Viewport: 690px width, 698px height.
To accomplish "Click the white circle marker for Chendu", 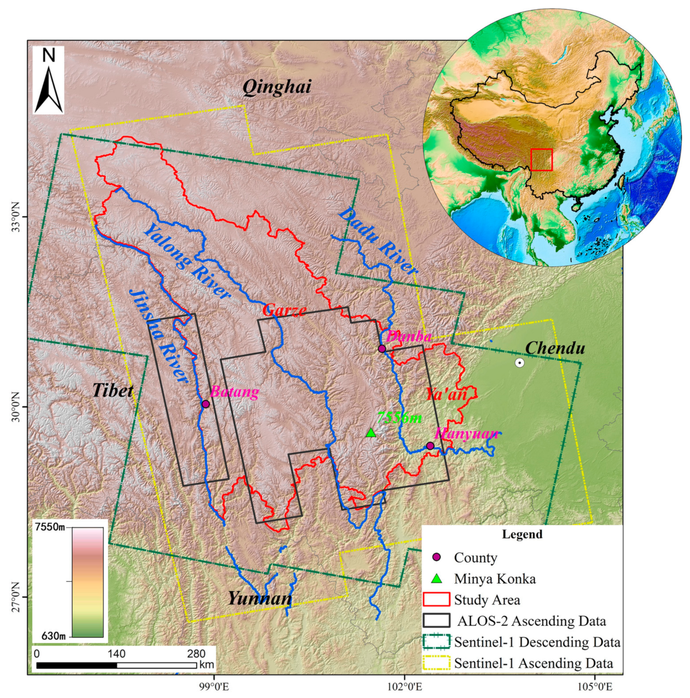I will [519, 363].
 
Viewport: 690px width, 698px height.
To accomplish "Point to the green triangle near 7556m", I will [371, 433].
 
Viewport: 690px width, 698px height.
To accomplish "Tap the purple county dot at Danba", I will [381, 349].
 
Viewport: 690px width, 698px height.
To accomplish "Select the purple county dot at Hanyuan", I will [430, 446].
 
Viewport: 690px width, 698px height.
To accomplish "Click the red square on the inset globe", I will [541, 159].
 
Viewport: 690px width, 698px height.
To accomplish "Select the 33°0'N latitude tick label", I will [16, 217].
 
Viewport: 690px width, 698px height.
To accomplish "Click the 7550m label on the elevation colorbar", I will [50, 527].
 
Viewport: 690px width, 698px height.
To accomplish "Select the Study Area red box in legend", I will [436, 599].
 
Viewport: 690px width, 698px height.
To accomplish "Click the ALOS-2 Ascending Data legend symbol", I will [436, 621].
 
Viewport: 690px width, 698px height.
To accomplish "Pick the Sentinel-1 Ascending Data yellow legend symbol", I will [436, 663].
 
